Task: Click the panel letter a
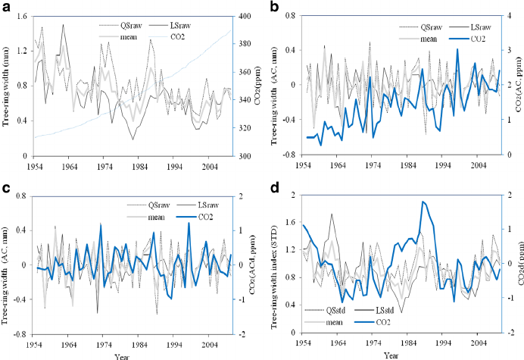[x=6, y=6]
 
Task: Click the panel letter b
[x=270, y=6]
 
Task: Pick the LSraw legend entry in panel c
[x=201, y=205]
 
